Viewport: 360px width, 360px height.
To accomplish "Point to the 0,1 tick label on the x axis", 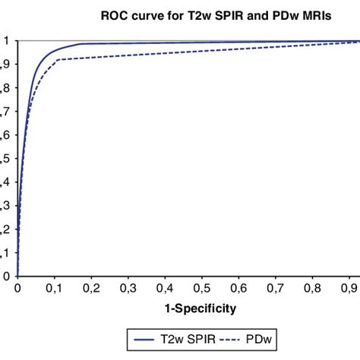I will coord(54,289).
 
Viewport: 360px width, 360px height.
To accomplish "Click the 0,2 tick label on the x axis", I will coord(91,289).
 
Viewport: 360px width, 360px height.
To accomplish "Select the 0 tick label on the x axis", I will coord(17,289).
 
